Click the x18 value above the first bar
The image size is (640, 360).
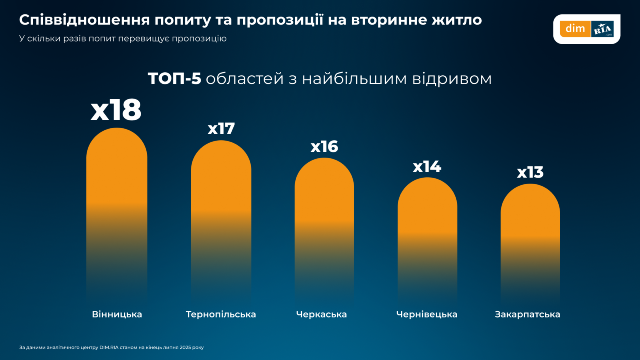(116, 110)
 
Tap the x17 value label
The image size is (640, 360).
(221, 129)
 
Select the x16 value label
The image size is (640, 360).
(324, 147)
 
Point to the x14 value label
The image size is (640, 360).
(427, 166)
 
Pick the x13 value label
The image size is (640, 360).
(530, 172)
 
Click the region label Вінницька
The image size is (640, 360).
(117, 314)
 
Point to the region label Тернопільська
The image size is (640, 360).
(221, 314)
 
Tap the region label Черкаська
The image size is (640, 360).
(321, 314)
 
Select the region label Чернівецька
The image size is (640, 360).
(427, 314)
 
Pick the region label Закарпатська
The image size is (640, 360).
(527, 314)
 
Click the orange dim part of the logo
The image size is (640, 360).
(575, 29)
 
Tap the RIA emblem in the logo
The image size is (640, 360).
(602, 29)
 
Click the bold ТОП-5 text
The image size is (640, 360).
(174, 79)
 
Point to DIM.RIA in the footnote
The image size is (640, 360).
(109, 348)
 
